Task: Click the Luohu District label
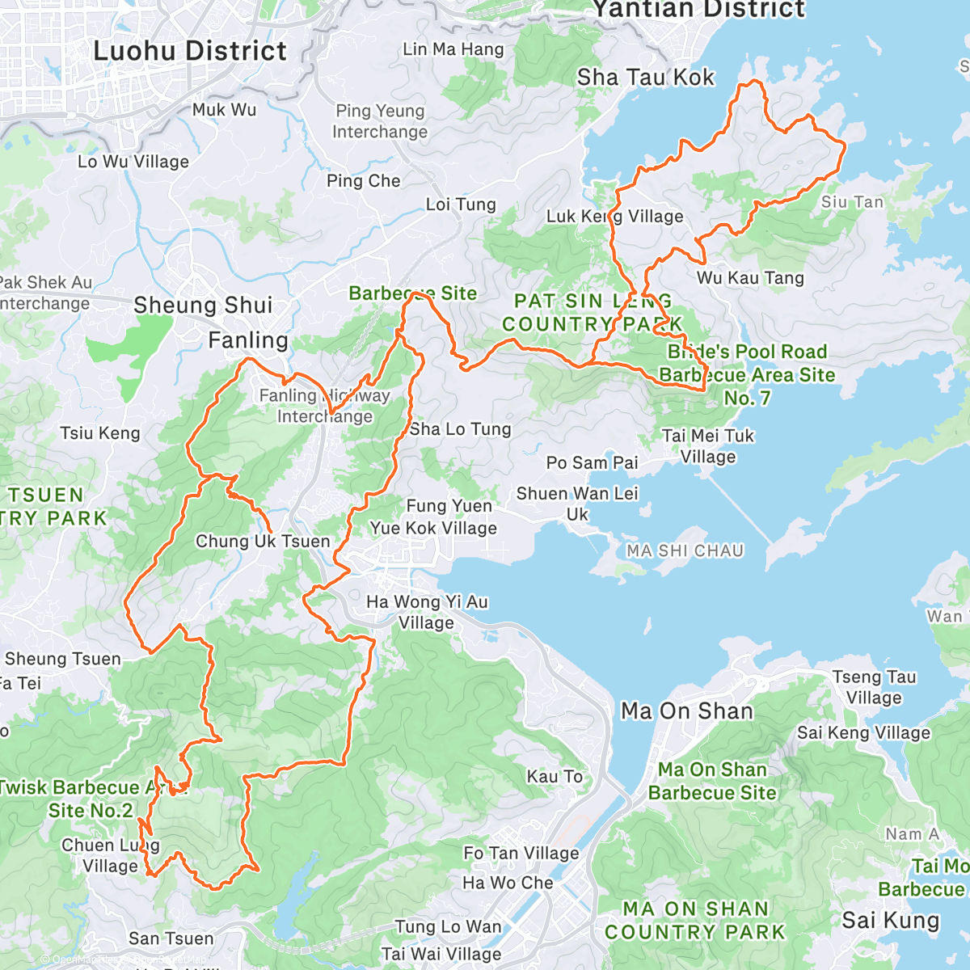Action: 190,51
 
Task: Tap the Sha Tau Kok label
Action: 645,78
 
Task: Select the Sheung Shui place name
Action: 203,305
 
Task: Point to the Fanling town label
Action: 248,340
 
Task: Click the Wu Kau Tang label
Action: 750,278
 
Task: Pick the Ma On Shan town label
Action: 686,711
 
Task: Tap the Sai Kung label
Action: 890,920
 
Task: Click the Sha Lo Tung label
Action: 460,429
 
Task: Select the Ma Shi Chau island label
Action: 685,550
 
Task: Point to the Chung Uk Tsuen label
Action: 263,541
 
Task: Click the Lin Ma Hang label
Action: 453,49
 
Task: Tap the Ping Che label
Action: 363,181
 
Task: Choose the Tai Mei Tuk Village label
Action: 707,446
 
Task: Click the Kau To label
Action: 555,776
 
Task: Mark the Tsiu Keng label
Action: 99,433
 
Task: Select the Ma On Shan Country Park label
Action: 694,921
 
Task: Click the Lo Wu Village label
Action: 133,162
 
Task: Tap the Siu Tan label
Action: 852,202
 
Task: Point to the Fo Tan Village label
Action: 521,853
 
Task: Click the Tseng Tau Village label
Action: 874,687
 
